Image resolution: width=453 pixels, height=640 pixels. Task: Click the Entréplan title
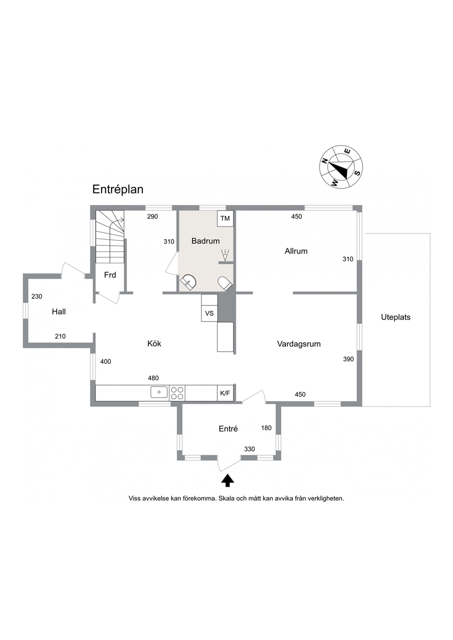click(x=117, y=190)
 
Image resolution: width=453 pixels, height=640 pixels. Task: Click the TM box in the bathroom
click(x=225, y=219)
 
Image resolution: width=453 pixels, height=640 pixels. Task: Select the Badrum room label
click(x=205, y=241)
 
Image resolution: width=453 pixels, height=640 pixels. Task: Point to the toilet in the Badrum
click(x=225, y=283)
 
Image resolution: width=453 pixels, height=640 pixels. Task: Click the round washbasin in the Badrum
click(x=188, y=282)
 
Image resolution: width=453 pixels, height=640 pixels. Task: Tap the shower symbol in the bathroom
click(x=225, y=255)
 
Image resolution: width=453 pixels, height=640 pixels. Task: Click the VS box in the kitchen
click(x=209, y=313)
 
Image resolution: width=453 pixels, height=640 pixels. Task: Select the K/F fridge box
click(x=225, y=393)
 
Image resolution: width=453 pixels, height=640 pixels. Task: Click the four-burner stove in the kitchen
click(x=177, y=393)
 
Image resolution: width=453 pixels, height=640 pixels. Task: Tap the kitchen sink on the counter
click(x=159, y=392)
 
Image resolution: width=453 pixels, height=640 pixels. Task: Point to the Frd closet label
click(x=110, y=275)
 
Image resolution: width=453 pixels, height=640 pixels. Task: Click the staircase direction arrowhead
click(x=123, y=220)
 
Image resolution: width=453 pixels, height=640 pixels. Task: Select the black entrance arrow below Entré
click(x=228, y=480)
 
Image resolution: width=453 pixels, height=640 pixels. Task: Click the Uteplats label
click(x=395, y=317)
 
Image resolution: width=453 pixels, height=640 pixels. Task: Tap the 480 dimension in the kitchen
click(x=153, y=378)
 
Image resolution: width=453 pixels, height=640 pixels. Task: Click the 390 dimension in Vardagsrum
click(x=348, y=359)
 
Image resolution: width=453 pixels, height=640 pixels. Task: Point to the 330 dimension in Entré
click(x=249, y=449)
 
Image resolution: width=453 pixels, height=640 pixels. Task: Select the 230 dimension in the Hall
click(x=37, y=297)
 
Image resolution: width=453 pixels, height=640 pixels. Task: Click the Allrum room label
click(x=296, y=251)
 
